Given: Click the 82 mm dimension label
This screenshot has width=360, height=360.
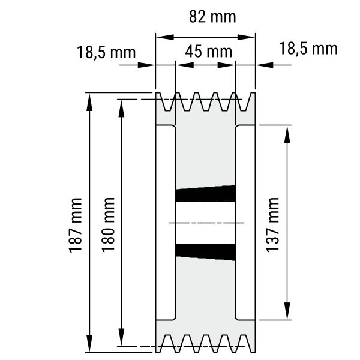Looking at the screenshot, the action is click(212, 17).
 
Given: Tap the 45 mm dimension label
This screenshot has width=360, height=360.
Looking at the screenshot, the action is click(208, 52).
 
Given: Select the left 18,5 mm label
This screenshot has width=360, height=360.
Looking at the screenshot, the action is click(106, 53).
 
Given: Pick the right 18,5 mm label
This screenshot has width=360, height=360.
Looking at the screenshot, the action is click(308, 49).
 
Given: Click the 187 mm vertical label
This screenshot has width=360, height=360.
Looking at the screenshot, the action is click(76, 226).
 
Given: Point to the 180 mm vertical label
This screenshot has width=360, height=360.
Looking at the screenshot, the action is click(108, 225).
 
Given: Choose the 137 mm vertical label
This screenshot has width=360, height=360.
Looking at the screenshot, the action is click(272, 225).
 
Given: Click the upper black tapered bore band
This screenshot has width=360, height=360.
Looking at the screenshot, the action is click(205, 194).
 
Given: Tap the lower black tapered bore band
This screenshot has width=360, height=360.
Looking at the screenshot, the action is click(205, 252).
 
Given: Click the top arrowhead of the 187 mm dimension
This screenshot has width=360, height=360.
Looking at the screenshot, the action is click(89, 102).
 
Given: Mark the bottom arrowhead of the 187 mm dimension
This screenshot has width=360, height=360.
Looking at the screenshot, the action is click(89, 343).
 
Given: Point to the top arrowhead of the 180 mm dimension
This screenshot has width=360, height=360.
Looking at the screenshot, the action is click(121, 109).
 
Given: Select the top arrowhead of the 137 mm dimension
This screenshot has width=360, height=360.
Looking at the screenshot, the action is click(287, 134).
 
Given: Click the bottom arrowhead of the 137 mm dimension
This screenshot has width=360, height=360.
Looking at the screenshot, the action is click(287, 311).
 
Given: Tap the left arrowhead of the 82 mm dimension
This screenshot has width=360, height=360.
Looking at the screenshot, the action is click(165, 37).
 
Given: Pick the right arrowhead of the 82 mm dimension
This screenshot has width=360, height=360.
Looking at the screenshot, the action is click(246, 37).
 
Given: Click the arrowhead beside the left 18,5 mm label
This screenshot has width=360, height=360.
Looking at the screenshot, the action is click(146, 65).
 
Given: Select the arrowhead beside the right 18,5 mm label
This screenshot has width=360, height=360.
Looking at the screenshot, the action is click(265, 65).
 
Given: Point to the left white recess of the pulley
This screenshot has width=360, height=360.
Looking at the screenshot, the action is click(166, 223).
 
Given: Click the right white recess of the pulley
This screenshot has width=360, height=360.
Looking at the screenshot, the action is click(245, 223).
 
